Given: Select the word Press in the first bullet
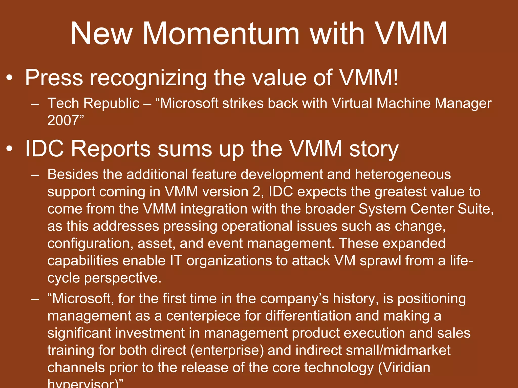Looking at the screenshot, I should click(54, 78).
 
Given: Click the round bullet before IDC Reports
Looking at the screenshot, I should click(9, 149).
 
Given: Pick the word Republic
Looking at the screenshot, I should click(111, 104).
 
